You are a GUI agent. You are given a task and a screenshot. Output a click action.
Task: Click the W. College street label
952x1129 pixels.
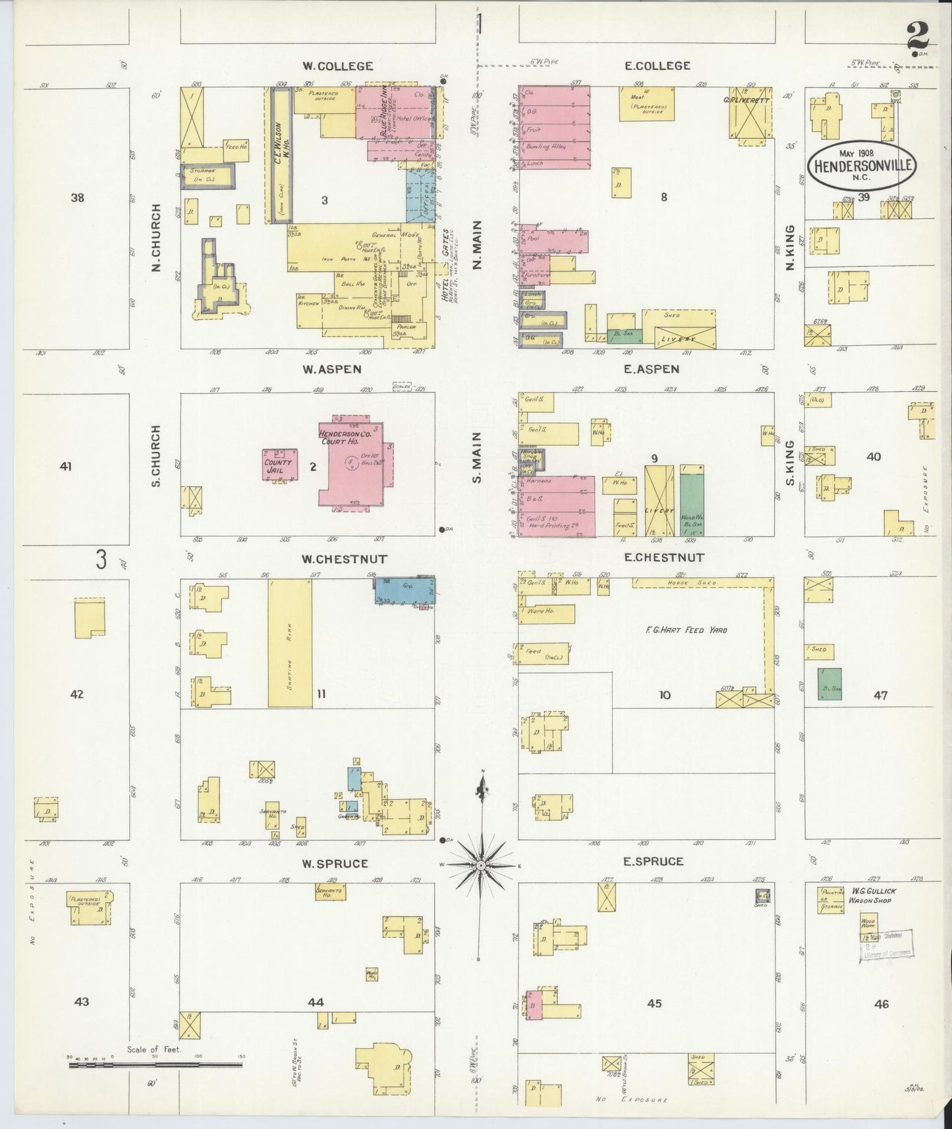pos(337,66)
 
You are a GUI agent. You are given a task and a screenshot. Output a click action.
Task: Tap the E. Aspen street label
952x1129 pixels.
pos(651,370)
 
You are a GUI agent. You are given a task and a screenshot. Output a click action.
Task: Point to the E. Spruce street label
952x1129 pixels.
pos(654,861)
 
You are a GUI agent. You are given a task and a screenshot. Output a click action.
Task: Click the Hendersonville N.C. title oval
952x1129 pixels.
pos(862,165)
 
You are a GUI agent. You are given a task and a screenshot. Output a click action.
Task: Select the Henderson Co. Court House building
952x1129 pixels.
pos(351,464)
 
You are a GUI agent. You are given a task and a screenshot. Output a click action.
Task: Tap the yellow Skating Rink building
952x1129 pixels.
pos(290,644)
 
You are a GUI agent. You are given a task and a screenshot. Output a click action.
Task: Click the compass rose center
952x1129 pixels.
pos(482,864)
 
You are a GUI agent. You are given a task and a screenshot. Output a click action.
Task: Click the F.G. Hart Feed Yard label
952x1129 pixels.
pos(686,630)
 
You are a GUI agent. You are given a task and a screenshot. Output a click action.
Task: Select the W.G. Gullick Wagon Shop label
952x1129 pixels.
pos(874,895)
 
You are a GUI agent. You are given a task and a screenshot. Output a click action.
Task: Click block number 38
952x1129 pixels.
pos(78,197)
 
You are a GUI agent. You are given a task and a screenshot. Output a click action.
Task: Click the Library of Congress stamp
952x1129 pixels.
pos(885,947)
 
